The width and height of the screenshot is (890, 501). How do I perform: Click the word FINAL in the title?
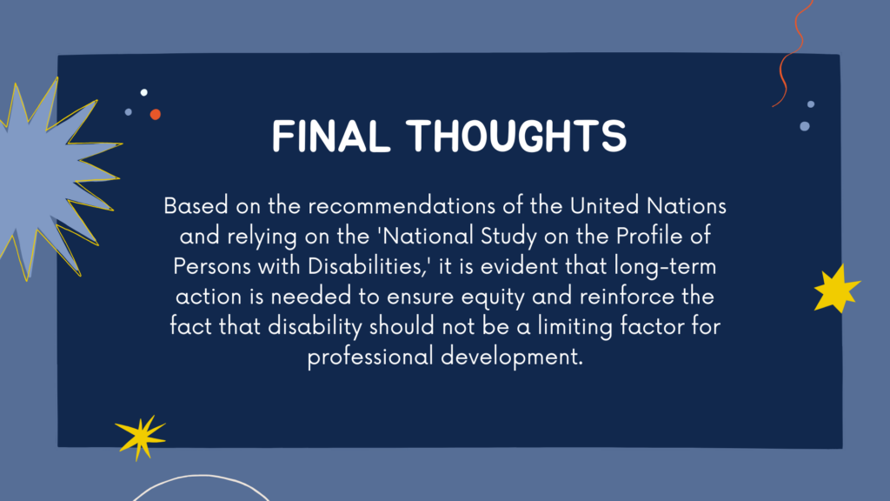pyautogui.click(x=331, y=137)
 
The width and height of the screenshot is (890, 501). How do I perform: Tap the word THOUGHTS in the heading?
pyautogui.click(x=516, y=137)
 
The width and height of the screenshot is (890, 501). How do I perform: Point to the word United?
pyautogui.click(x=605, y=205)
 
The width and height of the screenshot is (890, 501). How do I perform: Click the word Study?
pyautogui.click(x=508, y=237)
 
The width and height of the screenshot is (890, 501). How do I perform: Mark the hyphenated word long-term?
pyautogui.click(x=665, y=267)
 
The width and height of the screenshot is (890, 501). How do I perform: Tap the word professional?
pyautogui.click(x=370, y=357)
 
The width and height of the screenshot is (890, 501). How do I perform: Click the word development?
pyautogui.click(x=512, y=357)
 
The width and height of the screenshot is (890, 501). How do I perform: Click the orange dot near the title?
pyautogui.click(x=155, y=114)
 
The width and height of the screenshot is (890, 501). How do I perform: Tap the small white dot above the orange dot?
pyautogui.click(x=144, y=92)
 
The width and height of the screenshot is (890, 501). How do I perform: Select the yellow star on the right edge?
pyautogui.click(x=837, y=289)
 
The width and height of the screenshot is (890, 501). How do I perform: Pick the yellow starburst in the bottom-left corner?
pyautogui.click(x=140, y=437)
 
